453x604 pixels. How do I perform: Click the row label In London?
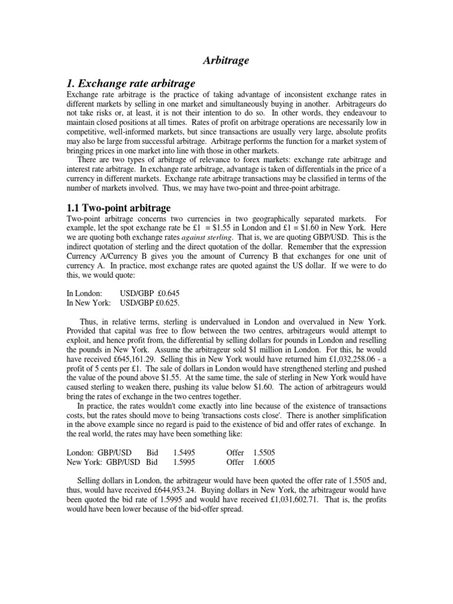pyautogui.click(x=84, y=293)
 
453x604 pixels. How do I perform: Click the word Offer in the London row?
pyautogui.click(x=235, y=452)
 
